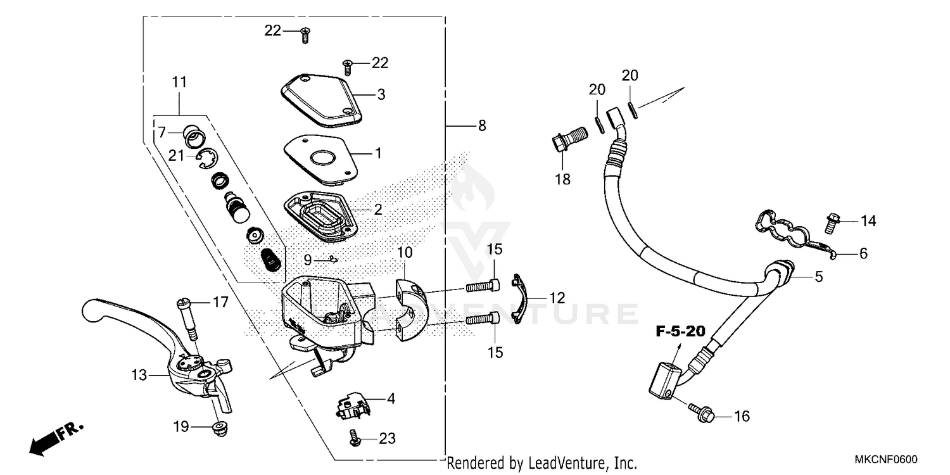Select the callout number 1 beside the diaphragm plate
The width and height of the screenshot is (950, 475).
click(378, 153)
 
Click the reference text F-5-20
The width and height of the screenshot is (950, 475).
click(679, 331)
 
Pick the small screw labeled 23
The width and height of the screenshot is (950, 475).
click(355, 436)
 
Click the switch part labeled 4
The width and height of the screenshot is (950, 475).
click(351, 405)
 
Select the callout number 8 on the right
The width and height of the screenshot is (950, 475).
click(482, 127)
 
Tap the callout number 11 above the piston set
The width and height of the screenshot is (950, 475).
click(179, 82)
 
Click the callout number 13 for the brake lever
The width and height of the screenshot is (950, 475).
click(140, 375)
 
